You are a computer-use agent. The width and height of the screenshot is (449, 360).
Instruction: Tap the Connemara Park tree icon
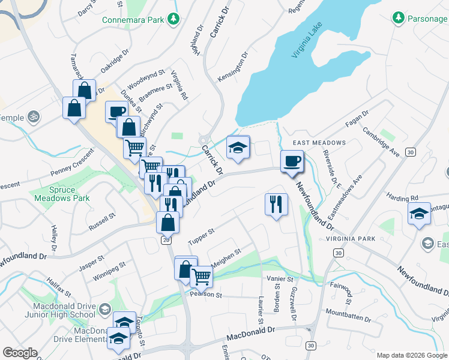click(173, 19)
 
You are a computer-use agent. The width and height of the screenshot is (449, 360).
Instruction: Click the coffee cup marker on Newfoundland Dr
click(292, 161)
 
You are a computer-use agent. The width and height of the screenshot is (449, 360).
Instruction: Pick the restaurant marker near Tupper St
click(276, 205)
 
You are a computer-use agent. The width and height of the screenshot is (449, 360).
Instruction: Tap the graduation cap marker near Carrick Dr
click(238, 148)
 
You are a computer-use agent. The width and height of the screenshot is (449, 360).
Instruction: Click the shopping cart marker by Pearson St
click(202, 277)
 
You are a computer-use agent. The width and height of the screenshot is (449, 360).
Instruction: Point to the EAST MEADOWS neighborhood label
click(319, 143)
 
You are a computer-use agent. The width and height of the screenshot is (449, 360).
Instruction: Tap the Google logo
click(20, 353)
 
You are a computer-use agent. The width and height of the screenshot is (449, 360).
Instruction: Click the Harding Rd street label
click(402, 198)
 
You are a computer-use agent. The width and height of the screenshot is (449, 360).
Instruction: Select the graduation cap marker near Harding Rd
click(419, 214)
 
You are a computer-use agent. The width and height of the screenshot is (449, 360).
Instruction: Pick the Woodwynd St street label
click(146, 78)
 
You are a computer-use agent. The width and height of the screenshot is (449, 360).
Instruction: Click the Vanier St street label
click(280, 279)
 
